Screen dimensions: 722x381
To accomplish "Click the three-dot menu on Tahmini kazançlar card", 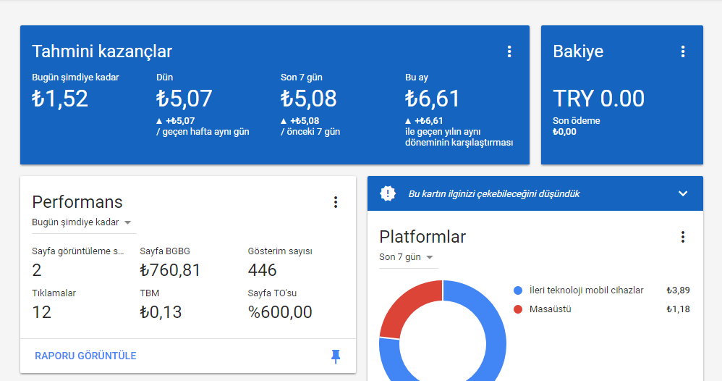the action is (x=509, y=51).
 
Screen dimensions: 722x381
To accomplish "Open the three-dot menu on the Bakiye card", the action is (x=683, y=51).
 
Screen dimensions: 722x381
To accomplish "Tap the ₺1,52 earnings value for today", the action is (x=60, y=99).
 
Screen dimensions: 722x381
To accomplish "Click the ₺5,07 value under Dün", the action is (x=184, y=99).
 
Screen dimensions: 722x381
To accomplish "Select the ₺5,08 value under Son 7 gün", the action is (x=308, y=99).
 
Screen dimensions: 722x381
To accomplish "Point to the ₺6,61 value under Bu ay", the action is (x=433, y=99).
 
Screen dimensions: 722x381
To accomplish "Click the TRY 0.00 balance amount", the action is (x=598, y=99).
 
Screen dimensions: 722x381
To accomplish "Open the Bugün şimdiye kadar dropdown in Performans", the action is (x=82, y=222).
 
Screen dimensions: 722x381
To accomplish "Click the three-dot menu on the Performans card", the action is (x=336, y=202).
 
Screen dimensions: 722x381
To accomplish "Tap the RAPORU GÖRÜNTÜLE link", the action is (x=85, y=356).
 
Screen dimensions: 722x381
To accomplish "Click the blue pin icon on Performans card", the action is (x=336, y=356).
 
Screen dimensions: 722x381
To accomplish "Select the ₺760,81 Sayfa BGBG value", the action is (x=170, y=270).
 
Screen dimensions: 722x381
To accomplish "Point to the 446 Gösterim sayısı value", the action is (x=262, y=270).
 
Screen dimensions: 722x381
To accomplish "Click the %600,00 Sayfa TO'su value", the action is (x=280, y=312).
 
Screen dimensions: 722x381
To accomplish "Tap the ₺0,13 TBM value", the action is (x=161, y=312).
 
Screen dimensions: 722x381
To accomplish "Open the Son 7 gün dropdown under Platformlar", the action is (x=406, y=257).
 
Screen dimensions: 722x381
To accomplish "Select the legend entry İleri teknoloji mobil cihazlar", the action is (x=586, y=290).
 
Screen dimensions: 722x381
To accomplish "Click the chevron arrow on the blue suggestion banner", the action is (x=683, y=193).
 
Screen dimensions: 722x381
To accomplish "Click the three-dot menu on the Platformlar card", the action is (x=683, y=237).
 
